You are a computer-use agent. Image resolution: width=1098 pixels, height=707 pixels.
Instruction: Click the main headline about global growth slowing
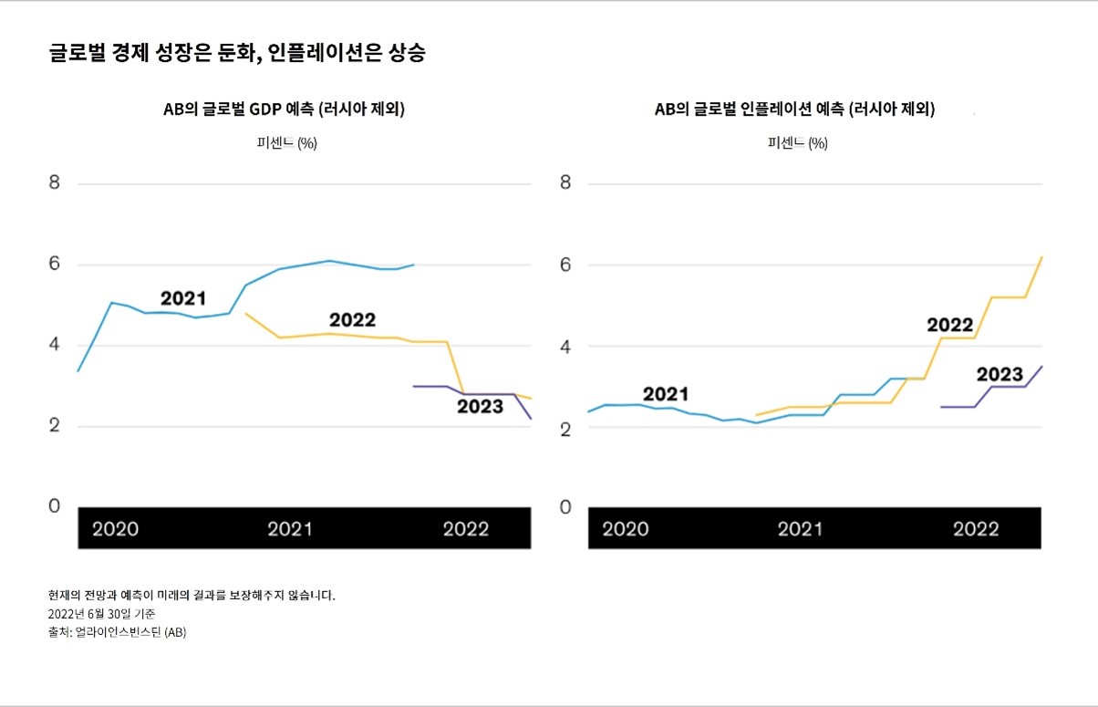(x=237, y=53)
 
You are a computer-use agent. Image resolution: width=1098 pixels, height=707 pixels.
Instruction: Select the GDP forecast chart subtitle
(x=284, y=109)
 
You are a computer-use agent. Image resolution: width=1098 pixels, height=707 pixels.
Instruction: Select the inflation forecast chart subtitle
(x=794, y=109)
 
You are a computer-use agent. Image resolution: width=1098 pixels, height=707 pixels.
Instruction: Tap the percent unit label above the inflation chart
(x=798, y=143)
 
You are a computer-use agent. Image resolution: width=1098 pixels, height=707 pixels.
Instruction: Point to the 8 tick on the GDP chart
(x=55, y=182)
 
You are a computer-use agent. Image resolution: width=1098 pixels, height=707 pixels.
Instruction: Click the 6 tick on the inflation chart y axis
(x=565, y=265)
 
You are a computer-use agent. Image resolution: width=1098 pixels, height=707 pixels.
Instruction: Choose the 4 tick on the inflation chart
(x=565, y=347)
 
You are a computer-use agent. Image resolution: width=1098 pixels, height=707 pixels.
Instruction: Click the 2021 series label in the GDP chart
(x=183, y=298)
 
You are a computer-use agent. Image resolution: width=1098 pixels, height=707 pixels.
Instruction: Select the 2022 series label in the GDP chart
(x=352, y=320)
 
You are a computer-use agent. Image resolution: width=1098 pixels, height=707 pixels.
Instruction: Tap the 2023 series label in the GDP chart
(x=480, y=407)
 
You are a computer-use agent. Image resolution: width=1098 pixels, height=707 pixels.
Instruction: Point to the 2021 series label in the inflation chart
(x=666, y=394)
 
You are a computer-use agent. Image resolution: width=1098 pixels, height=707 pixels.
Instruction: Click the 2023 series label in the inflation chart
(x=1000, y=375)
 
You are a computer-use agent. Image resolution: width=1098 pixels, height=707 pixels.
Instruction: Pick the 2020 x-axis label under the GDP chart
(x=116, y=529)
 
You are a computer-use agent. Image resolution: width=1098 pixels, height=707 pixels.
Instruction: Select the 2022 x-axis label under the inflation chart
(x=976, y=529)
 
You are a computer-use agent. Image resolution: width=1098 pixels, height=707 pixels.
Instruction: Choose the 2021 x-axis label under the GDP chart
(x=290, y=529)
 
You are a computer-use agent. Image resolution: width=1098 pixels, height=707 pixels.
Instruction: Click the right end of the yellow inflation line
(x=1041, y=257)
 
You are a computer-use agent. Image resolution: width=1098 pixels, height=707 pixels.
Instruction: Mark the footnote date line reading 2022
(x=101, y=614)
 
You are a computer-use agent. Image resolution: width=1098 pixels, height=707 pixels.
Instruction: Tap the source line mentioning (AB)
(x=117, y=631)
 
